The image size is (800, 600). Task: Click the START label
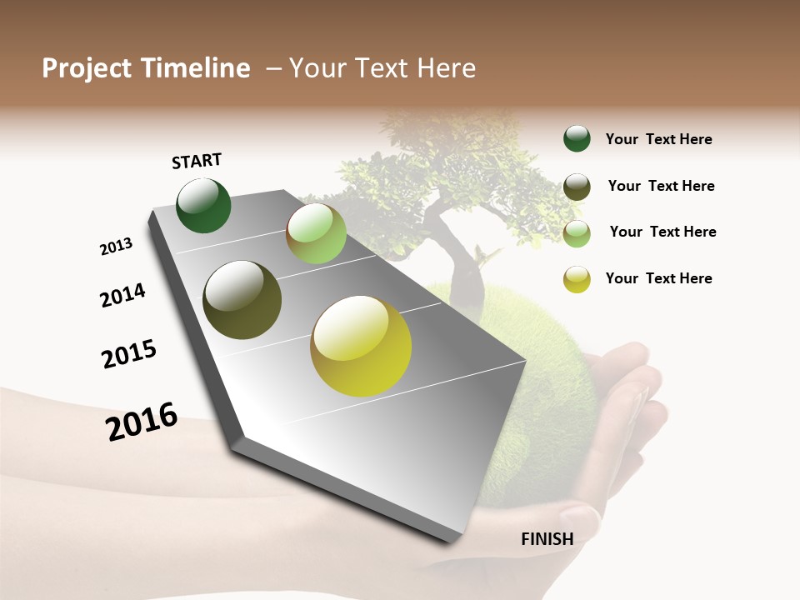click(x=197, y=161)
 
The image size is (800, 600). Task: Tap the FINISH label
click(x=547, y=538)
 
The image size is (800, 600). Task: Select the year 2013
click(x=116, y=247)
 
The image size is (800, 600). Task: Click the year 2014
click(x=122, y=295)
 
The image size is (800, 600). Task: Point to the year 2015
click(x=129, y=354)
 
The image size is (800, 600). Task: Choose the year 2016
click(x=142, y=421)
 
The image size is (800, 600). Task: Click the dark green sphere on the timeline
click(x=203, y=206)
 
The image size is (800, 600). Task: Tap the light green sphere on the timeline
click(x=316, y=233)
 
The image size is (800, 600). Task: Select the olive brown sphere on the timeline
click(x=242, y=300)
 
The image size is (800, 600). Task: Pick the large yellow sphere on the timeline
click(x=361, y=346)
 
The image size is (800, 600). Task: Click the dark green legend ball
click(x=577, y=139)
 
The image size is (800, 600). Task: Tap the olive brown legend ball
click(x=577, y=187)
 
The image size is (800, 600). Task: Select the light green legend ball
click(x=577, y=233)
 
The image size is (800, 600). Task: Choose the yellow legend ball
click(x=577, y=279)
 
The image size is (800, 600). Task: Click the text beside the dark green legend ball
click(x=658, y=139)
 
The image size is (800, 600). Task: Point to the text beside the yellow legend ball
click(x=658, y=278)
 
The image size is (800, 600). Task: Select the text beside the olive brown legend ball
click(x=661, y=186)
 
